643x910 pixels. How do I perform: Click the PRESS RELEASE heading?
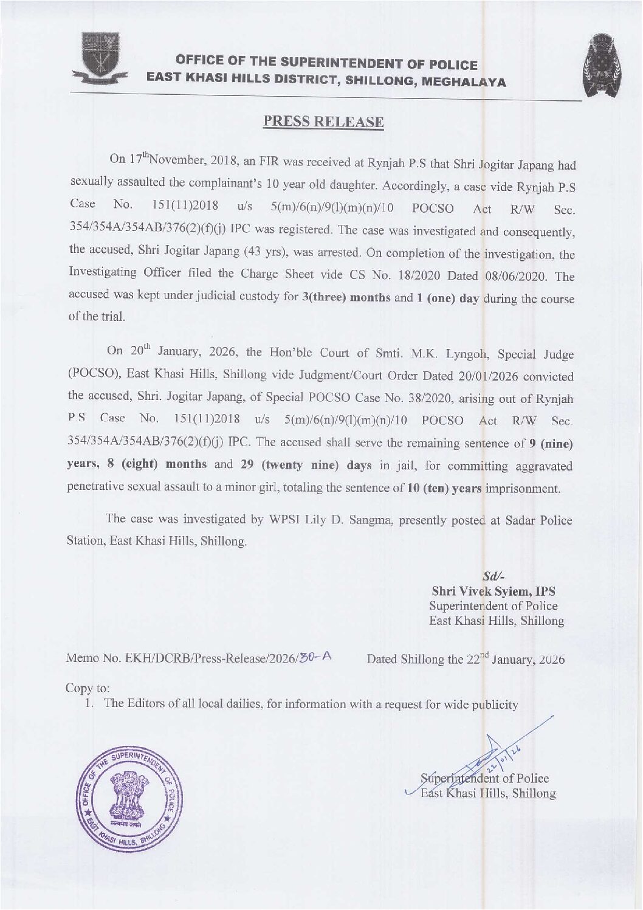tap(323, 121)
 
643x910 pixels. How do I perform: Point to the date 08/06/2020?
tap(518, 276)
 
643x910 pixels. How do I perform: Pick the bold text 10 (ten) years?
tap(443, 488)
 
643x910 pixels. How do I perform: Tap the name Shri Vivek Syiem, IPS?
tap(493, 590)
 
